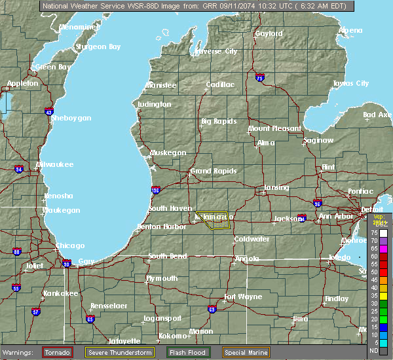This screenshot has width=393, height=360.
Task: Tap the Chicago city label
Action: click(70, 245)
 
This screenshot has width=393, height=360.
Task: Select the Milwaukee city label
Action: click(56, 164)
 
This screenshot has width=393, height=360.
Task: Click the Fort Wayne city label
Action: click(243, 297)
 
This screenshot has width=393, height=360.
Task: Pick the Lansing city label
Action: click(276, 188)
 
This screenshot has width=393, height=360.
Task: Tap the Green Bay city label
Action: click(53, 67)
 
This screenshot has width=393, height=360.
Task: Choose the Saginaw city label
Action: click(318, 140)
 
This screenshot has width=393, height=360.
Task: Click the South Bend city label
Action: click(168, 256)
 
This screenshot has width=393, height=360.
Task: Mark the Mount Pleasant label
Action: click(274, 128)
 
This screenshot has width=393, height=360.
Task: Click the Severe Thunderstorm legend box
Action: click(119, 352)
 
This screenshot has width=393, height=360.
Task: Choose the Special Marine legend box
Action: click(248, 352)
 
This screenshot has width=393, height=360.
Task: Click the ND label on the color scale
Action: click(374, 350)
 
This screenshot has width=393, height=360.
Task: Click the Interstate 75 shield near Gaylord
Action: click(261, 77)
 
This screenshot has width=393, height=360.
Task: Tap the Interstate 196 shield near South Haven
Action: click(155, 190)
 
